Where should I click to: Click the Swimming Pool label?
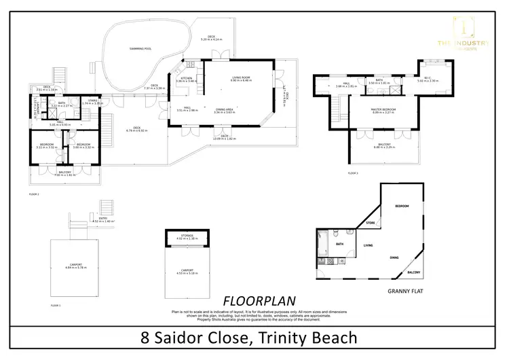[x=140, y=49]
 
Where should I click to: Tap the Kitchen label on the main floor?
[x=186, y=79]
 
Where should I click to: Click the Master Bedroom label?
[x=383, y=111]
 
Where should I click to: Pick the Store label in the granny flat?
[x=371, y=222]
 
